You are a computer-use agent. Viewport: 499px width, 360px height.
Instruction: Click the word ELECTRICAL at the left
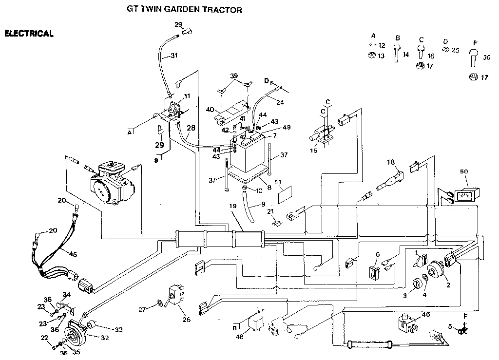(28, 34)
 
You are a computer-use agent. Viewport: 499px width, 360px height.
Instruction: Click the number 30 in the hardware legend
(487, 57)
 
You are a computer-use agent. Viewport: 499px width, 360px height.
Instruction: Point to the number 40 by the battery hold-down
(210, 110)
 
